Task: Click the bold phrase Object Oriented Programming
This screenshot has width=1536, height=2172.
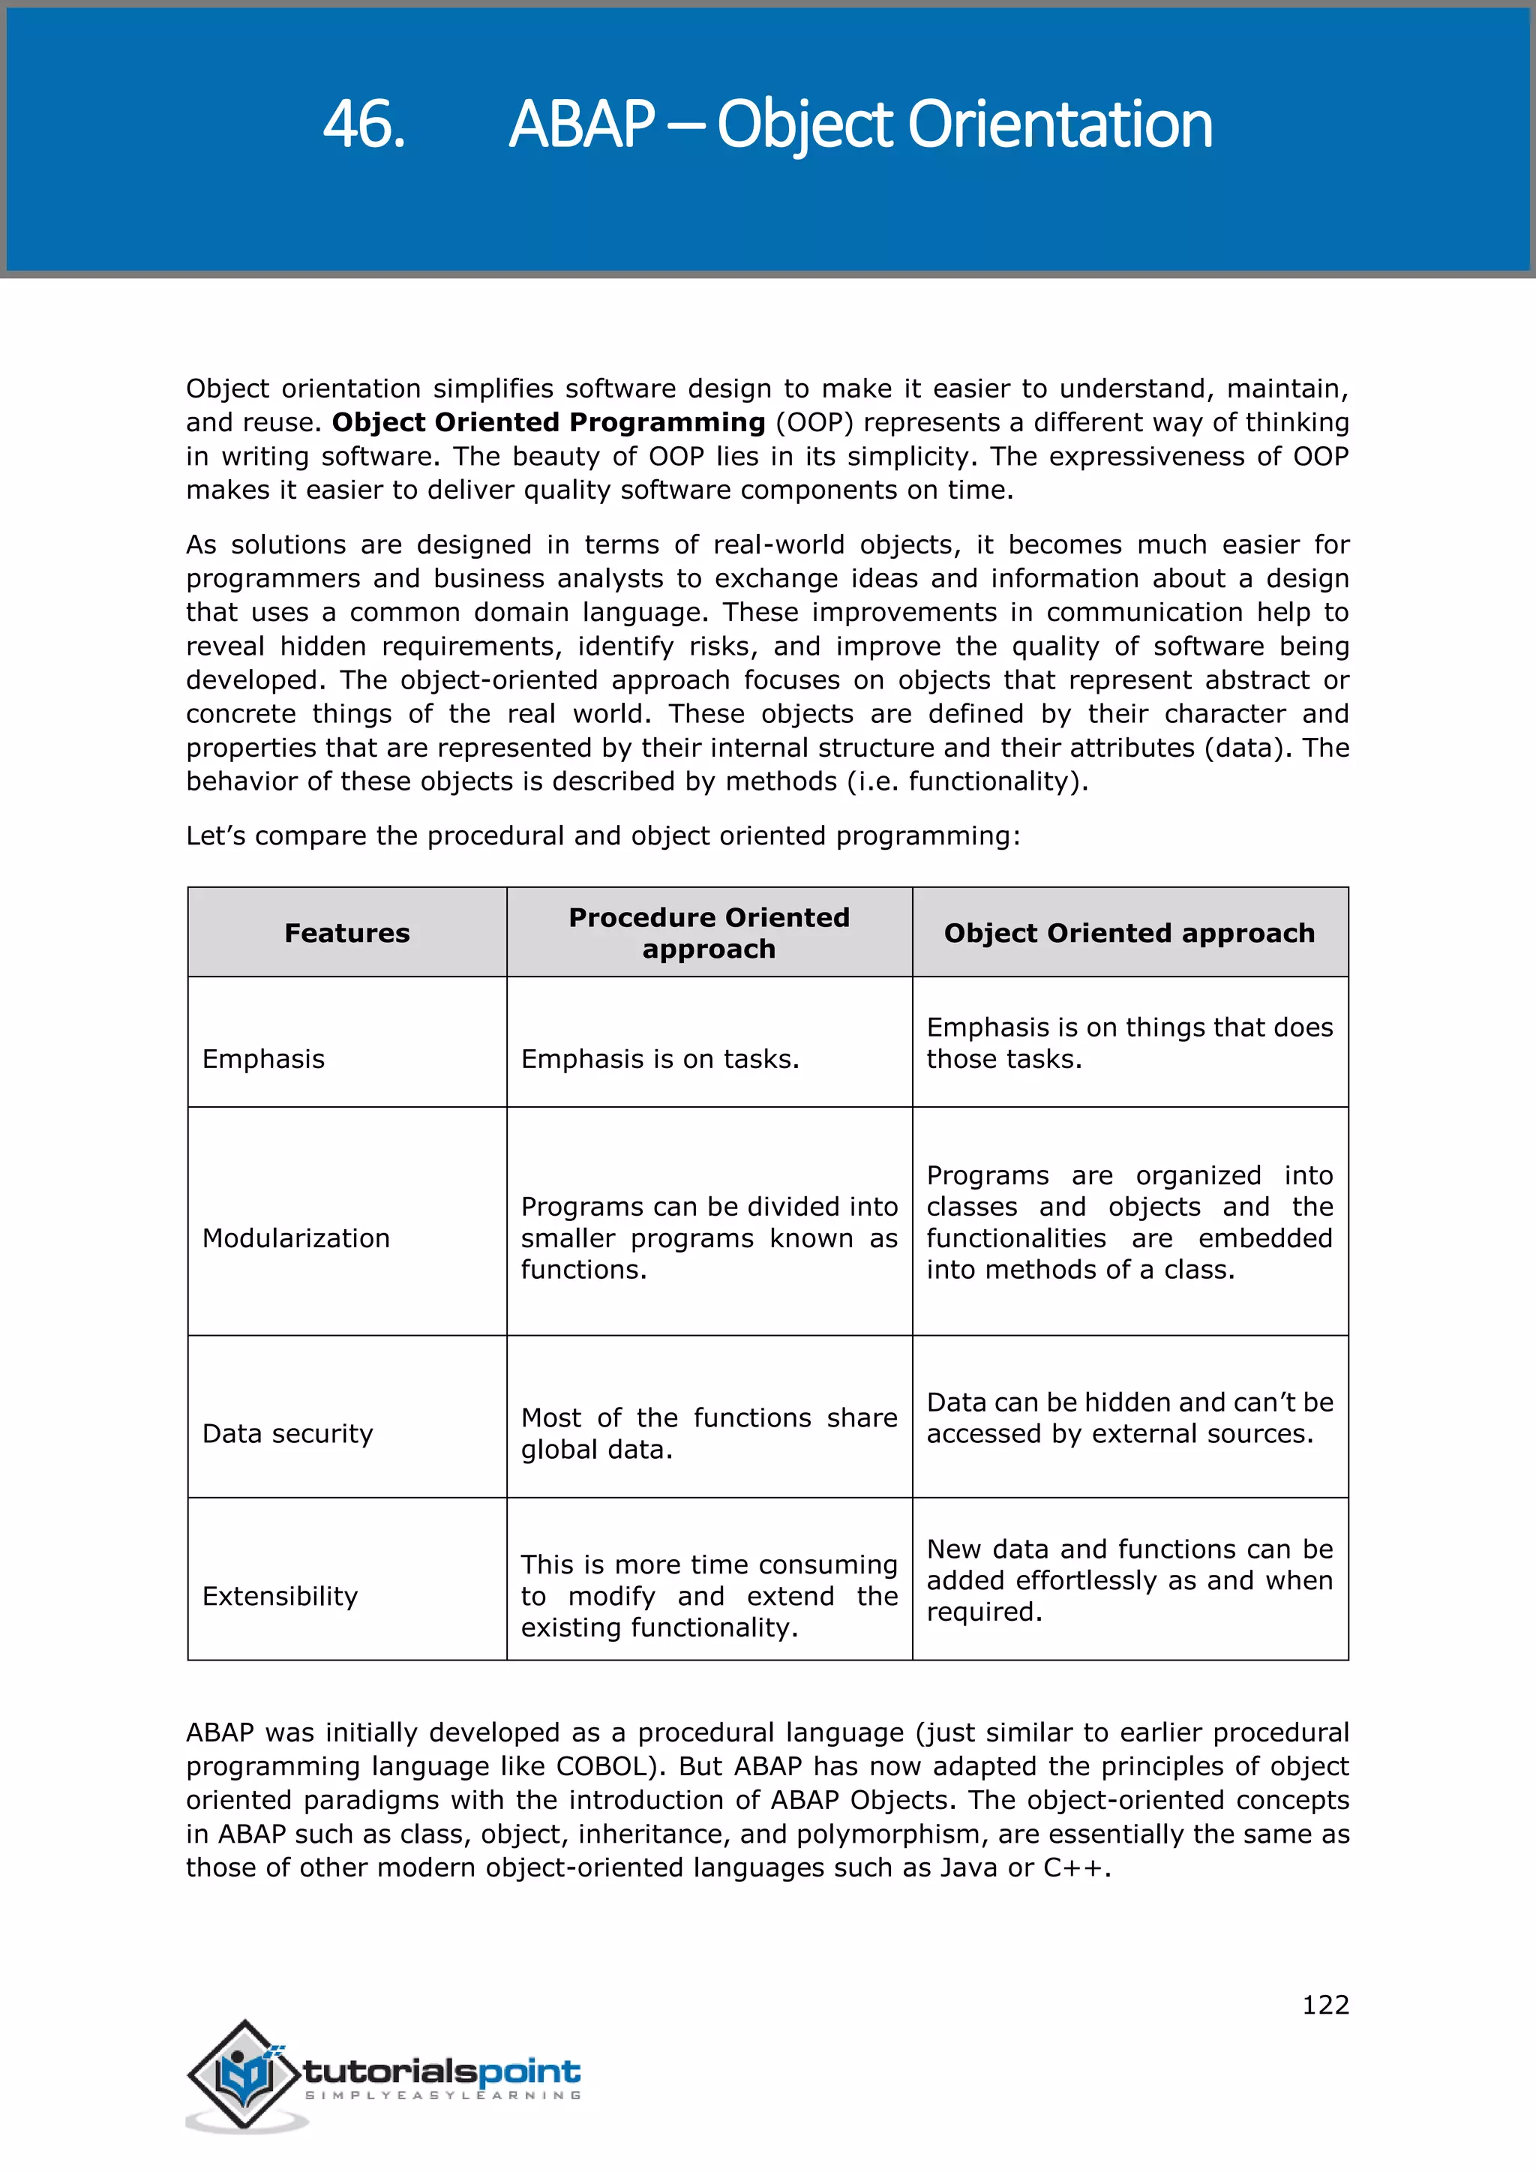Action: point(547,422)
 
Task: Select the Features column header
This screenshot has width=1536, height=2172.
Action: point(347,933)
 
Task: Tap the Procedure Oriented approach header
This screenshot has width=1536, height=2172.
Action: point(709,933)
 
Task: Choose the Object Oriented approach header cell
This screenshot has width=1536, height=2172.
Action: point(1129,933)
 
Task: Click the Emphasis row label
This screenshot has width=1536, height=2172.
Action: point(263,1058)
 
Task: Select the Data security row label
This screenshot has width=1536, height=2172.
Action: point(287,1433)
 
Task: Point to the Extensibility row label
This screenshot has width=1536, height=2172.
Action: point(280,1596)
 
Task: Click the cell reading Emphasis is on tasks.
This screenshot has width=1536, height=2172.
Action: point(660,1058)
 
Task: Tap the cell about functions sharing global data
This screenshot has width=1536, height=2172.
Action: point(709,1433)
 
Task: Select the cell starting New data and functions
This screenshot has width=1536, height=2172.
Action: point(1129,1579)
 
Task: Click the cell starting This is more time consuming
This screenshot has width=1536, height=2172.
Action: point(709,1596)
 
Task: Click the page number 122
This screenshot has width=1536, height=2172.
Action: point(1325,2005)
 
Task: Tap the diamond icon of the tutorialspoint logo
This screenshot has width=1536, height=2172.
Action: point(243,2074)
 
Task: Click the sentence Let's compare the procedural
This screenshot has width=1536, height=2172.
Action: point(602,835)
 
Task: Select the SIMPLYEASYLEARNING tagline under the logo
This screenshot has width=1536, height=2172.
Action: point(442,2095)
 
